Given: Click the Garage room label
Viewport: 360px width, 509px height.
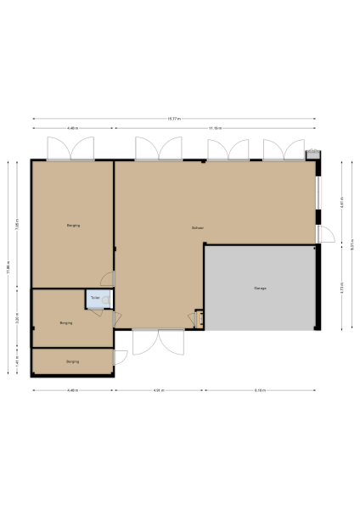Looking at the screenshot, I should tap(260, 289).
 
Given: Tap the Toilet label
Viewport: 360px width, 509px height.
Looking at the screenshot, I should tap(95, 299).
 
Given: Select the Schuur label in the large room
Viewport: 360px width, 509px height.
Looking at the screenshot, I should tap(197, 228).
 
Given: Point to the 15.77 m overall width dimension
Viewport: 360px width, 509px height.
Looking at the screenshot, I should tap(174, 119).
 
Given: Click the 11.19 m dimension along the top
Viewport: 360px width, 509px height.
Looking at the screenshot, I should tap(215, 128).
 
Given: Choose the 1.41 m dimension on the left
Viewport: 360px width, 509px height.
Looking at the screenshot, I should tap(17, 361).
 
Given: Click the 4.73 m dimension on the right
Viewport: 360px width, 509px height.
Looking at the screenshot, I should tap(341, 288).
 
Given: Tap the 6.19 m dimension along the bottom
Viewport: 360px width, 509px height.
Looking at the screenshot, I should tap(261, 390).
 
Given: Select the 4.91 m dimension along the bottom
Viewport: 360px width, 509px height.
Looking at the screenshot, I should tap(159, 390).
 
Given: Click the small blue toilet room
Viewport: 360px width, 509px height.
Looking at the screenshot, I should tap(94, 299).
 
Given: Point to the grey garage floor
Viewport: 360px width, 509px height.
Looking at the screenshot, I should tap(260, 305).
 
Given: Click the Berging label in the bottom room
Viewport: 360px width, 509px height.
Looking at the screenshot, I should tap(72, 361).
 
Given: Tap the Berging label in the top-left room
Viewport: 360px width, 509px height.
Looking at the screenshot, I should tap(72, 225).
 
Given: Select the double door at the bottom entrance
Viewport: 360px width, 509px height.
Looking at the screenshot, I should tap(157, 341).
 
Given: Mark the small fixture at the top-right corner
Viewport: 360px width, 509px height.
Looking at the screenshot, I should tap(313, 154).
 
